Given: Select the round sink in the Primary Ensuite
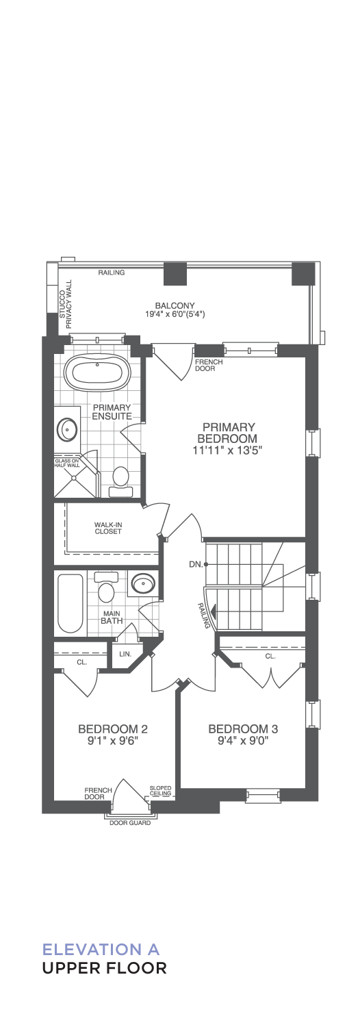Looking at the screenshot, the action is [x=67, y=429].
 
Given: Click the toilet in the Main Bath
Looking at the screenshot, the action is [x=106, y=587].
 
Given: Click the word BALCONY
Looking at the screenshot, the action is [x=175, y=305].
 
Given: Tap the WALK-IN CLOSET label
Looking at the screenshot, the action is [x=108, y=528].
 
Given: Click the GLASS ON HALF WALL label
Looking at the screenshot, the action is [x=67, y=463].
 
